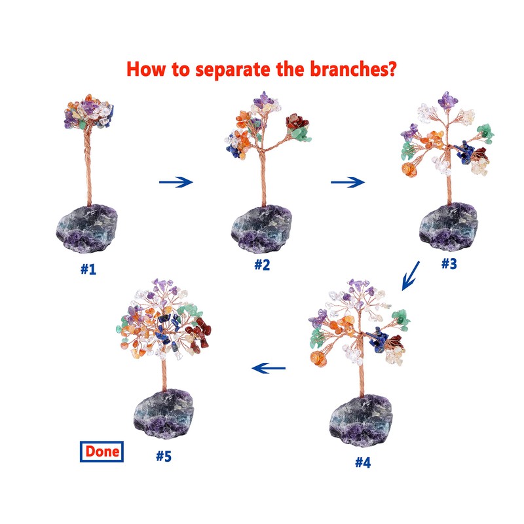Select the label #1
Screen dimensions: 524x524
88,269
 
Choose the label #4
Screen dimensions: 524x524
363,462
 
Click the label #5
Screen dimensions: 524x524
164,455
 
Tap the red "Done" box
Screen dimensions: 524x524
101,451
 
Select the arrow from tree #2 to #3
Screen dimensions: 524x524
347,181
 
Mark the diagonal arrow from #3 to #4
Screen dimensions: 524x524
411,274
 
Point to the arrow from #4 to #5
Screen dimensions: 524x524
269,369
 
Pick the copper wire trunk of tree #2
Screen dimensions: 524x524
261,177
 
